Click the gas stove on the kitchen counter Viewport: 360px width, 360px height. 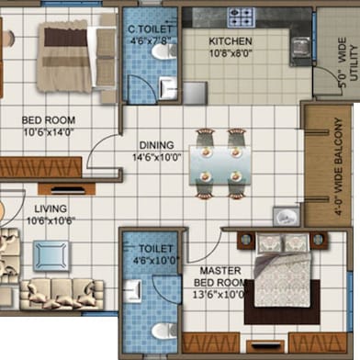(x=241, y=16)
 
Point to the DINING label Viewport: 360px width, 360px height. (x=156, y=145)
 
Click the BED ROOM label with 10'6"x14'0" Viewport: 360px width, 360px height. (x=49, y=120)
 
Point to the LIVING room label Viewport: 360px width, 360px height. (x=51, y=209)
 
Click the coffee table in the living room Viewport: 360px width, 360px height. (x=51, y=255)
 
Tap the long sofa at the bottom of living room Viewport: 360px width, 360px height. (x=62, y=292)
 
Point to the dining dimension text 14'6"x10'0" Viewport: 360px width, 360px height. (x=156, y=157)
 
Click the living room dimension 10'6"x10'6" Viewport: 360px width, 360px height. (x=51, y=220)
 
